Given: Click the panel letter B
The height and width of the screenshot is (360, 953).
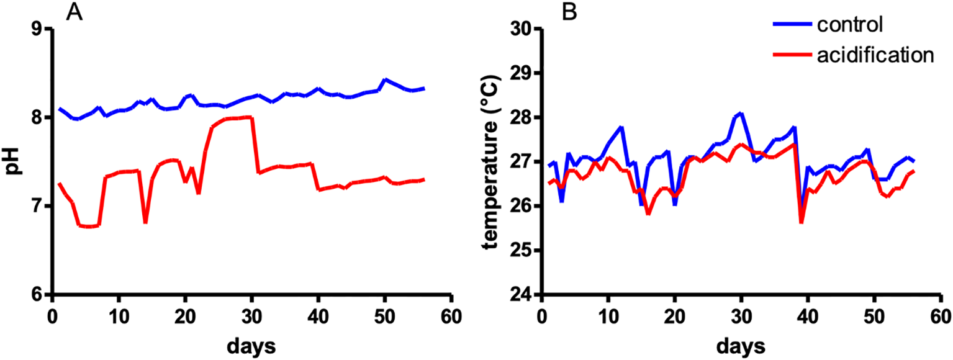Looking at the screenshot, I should [x=570, y=11].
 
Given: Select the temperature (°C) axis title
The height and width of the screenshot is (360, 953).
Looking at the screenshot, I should [x=494, y=163].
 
